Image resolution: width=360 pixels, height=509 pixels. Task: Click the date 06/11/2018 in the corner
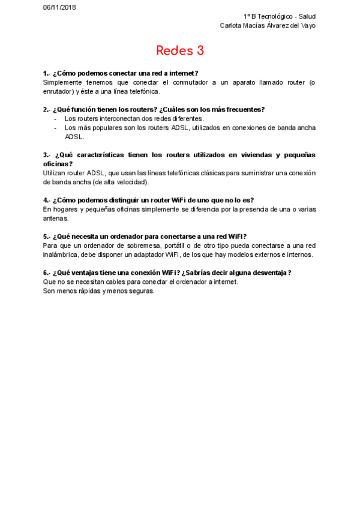[59, 7]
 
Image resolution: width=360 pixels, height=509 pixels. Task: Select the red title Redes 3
[180, 50]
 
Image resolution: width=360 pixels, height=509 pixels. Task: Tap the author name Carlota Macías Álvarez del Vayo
[268, 25]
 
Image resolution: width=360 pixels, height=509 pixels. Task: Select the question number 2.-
[47, 109]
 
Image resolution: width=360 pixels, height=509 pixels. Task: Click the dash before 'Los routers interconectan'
[55, 118]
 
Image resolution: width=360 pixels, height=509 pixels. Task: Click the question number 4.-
[47, 200]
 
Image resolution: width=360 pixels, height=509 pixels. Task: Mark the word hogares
[64, 209]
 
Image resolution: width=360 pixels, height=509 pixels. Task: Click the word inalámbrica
[61, 254]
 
